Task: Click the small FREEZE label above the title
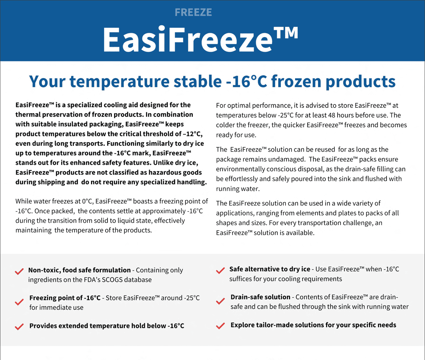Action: [x=193, y=12]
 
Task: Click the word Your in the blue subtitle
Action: [x=47, y=81]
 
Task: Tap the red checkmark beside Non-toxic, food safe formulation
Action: [x=19, y=272]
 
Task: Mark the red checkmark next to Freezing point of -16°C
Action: [x=19, y=302]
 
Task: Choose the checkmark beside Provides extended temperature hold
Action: [x=19, y=327]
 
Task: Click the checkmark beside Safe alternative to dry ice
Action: [x=221, y=270]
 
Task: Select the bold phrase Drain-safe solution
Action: [x=260, y=297]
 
